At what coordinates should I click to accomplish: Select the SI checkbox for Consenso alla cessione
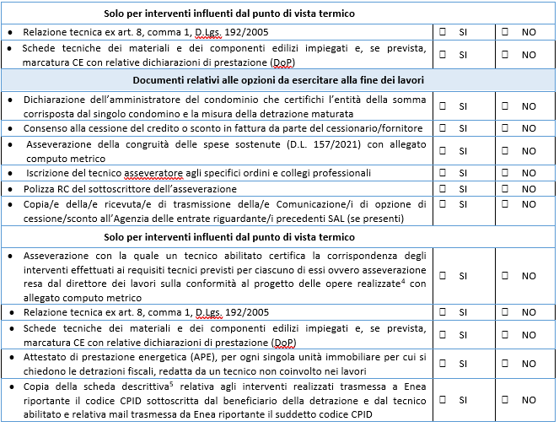pos(444,127)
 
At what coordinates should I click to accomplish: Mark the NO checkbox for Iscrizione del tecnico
pos(506,171)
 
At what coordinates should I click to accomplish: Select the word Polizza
pos(40,188)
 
